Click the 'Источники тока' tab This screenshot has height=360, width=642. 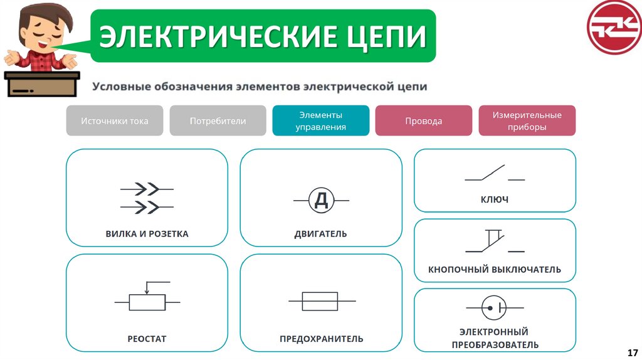(x=115, y=121)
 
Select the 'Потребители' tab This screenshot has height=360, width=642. (x=218, y=121)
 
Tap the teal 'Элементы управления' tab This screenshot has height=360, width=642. (x=321, y=121)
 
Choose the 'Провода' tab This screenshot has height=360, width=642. (x=423, y=121)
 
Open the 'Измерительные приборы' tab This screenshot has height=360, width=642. (x=527, y=121)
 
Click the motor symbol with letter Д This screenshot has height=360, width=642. (x=321, y=200)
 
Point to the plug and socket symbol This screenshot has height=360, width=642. (x=147, y=197)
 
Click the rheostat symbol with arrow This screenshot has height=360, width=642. (x=147, y=298)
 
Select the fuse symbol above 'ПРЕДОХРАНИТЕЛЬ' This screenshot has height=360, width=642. (x=320, y=302)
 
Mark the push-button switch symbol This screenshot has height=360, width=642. (x=494, y=241)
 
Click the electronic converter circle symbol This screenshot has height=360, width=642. (x=495, y=308)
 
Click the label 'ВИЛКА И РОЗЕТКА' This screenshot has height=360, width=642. (x=147, y=234)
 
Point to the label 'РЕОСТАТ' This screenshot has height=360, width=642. (x=147, y=339)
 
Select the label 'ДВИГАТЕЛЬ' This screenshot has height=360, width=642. (x=320, y=234)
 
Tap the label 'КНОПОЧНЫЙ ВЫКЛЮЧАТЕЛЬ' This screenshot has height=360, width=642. (x=495, y=270)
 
